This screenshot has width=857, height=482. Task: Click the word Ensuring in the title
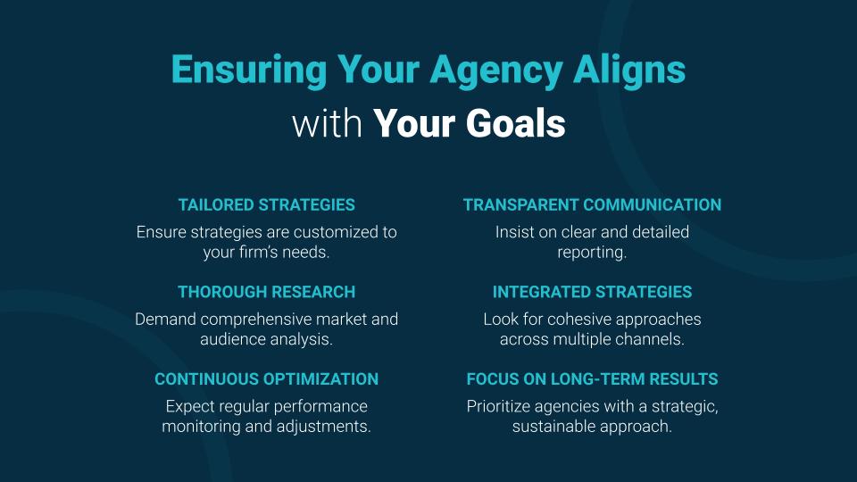click(249, 70)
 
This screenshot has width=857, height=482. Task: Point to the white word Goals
click(515, 123)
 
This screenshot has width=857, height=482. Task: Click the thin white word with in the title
click(327, 123)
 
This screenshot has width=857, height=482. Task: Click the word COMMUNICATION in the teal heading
click(652, 205)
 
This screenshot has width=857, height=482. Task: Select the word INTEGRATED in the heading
click(537, 292)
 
